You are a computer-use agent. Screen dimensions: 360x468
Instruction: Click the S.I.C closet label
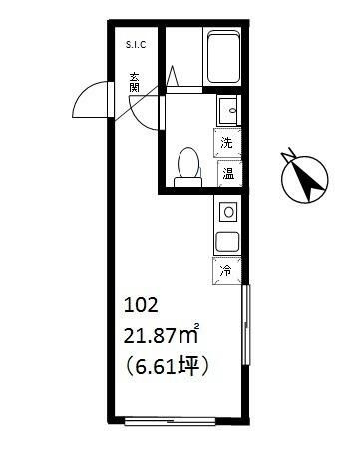point(136,45)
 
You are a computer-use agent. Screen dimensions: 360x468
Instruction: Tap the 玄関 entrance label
point(135,82)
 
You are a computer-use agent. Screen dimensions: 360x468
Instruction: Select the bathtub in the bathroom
point(223,57)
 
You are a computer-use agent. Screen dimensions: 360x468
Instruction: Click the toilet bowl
point(188,162)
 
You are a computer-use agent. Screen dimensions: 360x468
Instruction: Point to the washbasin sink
point(228,110)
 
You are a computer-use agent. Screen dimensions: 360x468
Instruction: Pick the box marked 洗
point(227,143)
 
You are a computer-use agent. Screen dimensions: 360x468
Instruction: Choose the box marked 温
point(228,174)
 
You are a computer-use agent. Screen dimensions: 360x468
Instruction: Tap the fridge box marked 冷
point(226,271)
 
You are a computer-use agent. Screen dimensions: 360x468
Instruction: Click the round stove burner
point(228,212)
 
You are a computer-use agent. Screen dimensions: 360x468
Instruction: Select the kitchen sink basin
point(227,241)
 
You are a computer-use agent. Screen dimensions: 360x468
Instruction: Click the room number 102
point(141,305)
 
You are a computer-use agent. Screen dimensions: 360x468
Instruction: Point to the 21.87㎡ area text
point(162,335)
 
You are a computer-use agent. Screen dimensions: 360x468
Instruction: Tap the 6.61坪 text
point(167,366)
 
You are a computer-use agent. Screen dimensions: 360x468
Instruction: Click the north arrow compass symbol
point(304,177)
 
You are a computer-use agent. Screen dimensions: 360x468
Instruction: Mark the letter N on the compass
point(288,153)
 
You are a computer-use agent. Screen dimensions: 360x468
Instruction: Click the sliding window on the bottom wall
point(171,421)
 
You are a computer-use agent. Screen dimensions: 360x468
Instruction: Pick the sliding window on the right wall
point(246,325)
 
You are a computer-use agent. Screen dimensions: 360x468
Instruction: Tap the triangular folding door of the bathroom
point(173,76)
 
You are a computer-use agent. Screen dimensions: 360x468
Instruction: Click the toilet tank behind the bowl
point(188,182)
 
